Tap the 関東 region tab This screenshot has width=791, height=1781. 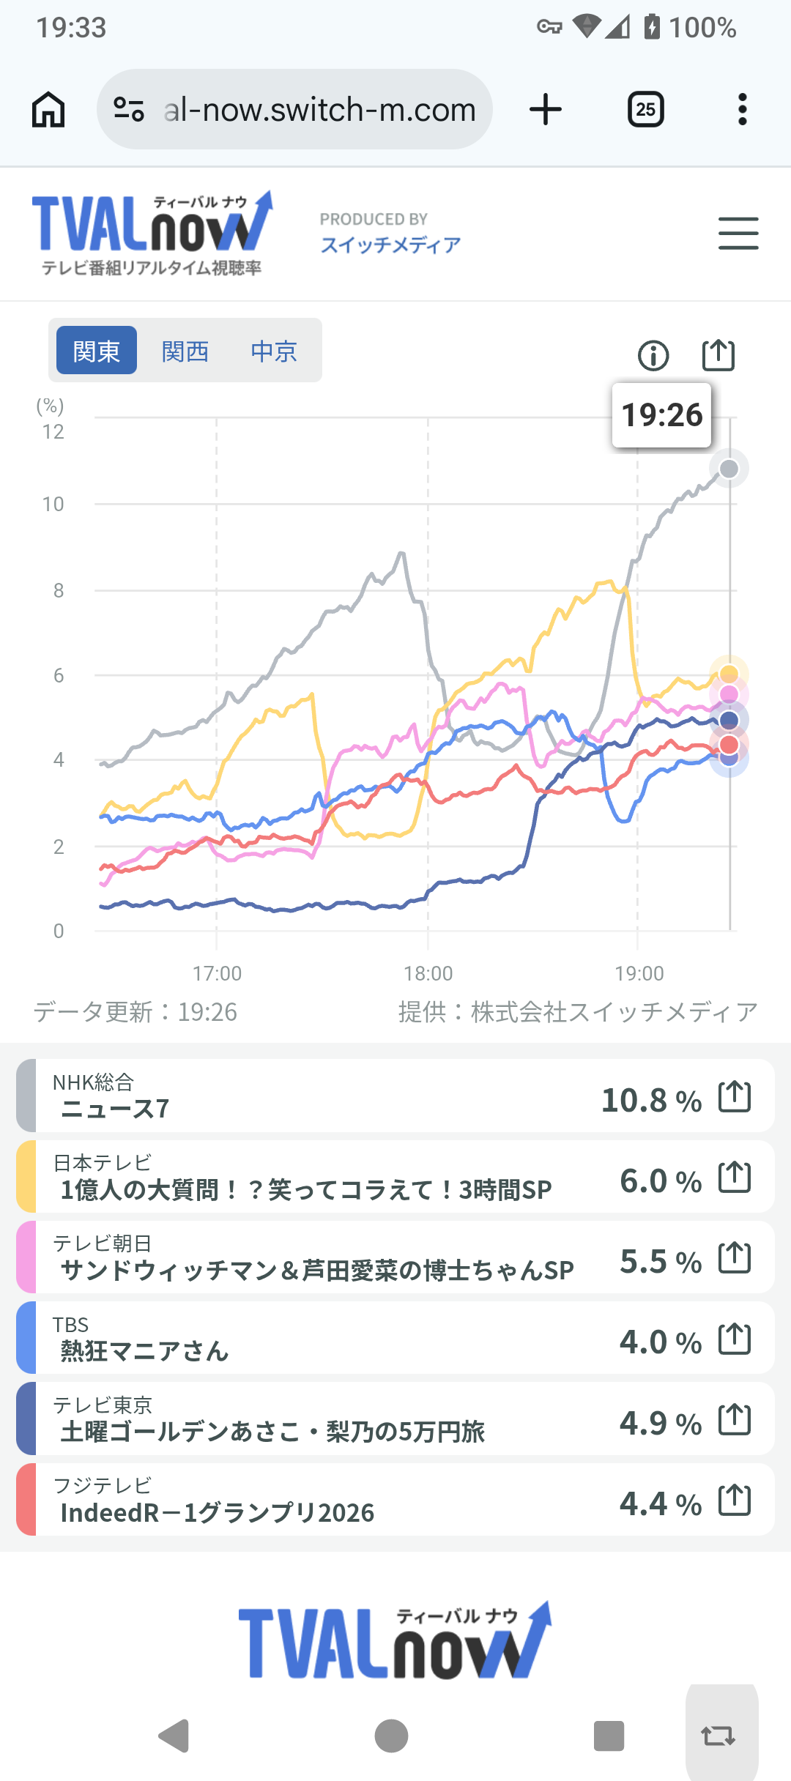click(97, 351)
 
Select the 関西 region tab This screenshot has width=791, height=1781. click(185, 351)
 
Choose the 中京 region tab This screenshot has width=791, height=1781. click(274, 351)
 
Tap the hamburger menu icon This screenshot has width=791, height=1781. click(738, 234)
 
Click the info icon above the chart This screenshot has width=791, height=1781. click(653, 356)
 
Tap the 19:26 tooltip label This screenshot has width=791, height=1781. click(661, 415)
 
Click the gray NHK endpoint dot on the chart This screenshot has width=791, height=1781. click(729, 469)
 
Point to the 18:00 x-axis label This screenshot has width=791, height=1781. click(428, 973)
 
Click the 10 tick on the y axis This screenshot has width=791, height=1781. click(53, 505)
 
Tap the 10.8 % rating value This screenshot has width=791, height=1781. click(651, 1100)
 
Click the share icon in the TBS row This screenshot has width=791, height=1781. click(735, 1339)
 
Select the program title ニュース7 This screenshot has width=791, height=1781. click(115, 1109)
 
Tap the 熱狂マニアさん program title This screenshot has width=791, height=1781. click(144, 1350)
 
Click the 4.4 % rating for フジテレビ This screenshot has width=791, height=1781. click(660, 1503)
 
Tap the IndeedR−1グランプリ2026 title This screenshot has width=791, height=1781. click(217, 1512)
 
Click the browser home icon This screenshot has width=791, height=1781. click(48, 110)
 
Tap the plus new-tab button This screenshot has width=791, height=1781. click(546, 110)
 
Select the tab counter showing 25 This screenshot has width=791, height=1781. click(646, 110)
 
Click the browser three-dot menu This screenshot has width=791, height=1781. click(743, 110)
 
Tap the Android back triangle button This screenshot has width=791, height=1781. click(174, 1736)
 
